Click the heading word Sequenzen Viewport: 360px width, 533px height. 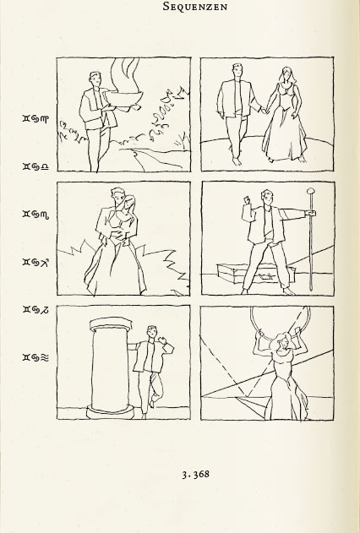pyautogui.click(x=195, y=6)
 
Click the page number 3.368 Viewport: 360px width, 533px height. pyautogui.click(x=195, y=474)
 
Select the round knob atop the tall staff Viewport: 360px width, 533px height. pyautogui.click(x=310, y=191)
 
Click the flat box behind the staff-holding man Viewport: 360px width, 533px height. pyautogui.click(x=256, y=273)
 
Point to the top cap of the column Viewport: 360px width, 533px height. pyautogui.click(x=111, y=324)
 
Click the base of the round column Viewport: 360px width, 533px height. pyautogui.click(x=111, y=411)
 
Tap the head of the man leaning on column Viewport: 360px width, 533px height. pyautogui.click(x=151, y=333)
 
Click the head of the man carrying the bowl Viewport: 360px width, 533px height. pyautogui.click(x=95, y=80)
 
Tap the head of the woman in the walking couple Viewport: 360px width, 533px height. pyautogui.click(x=287, y=74)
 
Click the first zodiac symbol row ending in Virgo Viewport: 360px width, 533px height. pyautogui.click(x=35, y=118)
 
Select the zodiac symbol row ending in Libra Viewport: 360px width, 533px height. pyautogui.click(x=35, y=166)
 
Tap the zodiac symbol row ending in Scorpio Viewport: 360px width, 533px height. pyautogui.click(x=35, y=215)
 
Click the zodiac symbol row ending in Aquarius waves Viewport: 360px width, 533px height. pyautogui.click(x=35, y=357)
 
